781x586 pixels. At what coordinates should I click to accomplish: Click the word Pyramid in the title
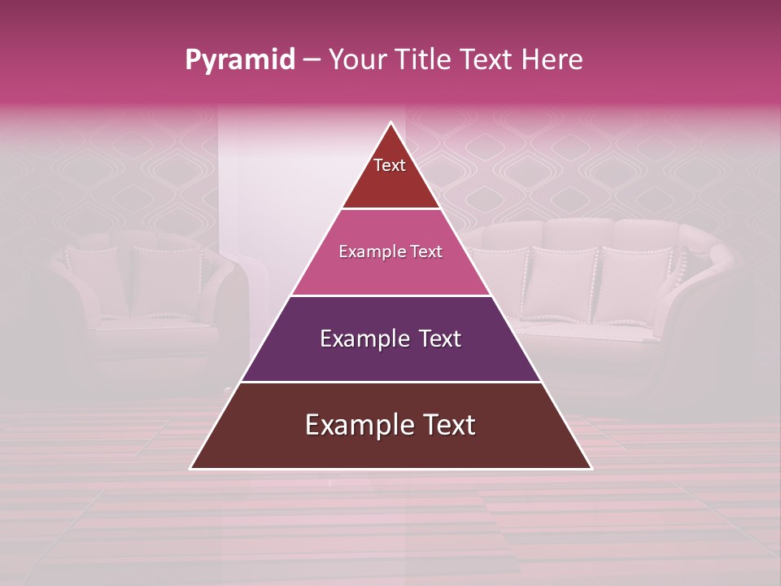click(239, 60)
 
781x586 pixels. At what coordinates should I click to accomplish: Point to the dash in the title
click(312, 60)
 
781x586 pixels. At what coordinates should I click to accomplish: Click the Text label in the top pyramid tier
click(390, 165)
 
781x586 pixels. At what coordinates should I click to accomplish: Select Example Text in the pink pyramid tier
click(390, 251)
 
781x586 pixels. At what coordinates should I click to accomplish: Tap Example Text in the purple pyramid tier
click(390, 339)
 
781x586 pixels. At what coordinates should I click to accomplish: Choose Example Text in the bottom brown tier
click(390, 425)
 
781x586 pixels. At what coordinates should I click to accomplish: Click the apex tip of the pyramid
click(391, 124)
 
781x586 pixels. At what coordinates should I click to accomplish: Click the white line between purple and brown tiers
click(390, 382)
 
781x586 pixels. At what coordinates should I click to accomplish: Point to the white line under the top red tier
click(390, 209)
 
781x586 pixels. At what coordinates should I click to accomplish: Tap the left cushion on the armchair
click(95, 281)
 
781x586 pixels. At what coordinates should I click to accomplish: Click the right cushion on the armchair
click(167, 281)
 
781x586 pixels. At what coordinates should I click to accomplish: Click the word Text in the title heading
click(486, 59)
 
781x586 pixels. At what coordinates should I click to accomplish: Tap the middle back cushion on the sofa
click(563, 285)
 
